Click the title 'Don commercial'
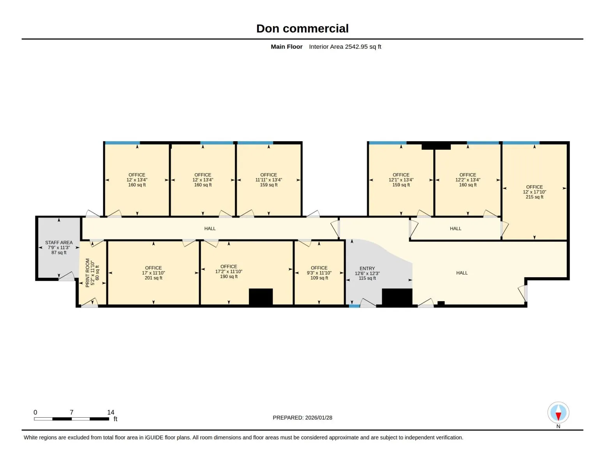[x=302, y=28]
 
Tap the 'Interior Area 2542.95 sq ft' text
[x=345, y=46]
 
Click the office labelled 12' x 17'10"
[x=534, y=192]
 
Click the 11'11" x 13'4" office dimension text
[x=268, y=180]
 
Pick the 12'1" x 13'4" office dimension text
[x=400, y=180]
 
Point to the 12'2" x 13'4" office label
[x=467, y=180]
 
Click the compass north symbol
[x=558, y=412]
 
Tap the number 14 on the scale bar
[x=111, y=412]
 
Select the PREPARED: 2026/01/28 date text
[x=302, y=418]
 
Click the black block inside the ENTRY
[x=397, y=297]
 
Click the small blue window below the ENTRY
[x=354, y=306]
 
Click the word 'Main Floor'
[x=286, y=46]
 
